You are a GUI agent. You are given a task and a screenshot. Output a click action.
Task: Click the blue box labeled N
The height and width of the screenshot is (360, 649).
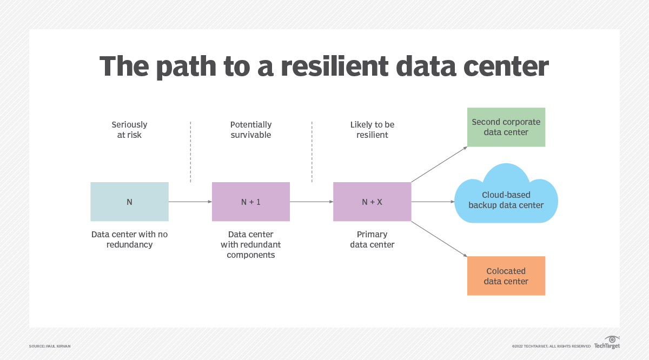129,202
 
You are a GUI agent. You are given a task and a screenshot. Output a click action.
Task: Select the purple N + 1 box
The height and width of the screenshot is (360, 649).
250,202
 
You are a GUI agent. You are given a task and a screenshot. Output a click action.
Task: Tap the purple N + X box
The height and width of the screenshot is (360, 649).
372,202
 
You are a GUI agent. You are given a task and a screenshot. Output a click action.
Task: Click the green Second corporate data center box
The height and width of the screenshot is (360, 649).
506,127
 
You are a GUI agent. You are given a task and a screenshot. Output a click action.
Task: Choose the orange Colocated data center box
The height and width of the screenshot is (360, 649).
506,276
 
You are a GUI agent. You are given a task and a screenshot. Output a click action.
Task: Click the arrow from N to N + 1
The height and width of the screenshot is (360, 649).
190,202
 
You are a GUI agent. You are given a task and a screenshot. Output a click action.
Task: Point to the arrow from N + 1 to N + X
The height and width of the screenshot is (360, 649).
312,202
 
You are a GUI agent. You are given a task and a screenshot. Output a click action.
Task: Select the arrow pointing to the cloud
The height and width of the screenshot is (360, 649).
433,202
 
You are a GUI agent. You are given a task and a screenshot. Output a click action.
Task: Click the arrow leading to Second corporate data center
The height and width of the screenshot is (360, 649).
439,164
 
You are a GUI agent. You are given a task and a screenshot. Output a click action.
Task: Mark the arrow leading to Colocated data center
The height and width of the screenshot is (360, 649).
439,239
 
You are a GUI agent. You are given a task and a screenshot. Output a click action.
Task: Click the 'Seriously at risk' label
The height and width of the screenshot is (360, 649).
129,130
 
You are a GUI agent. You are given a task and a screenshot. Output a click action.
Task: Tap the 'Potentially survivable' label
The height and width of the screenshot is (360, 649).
250,130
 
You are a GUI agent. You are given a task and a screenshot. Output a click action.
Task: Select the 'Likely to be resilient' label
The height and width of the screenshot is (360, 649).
372,130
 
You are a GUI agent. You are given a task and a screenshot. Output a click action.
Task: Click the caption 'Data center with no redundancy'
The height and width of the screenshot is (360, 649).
129,239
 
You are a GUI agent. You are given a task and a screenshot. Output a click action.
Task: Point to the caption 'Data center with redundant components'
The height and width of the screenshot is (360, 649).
250,244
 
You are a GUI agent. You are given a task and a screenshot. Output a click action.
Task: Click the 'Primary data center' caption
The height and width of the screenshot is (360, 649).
372,239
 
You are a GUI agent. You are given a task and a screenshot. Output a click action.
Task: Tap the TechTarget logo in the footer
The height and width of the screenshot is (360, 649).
607,343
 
